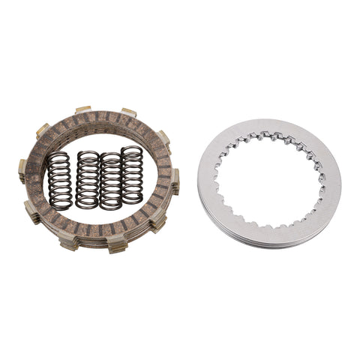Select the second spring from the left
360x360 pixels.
pos(88,181)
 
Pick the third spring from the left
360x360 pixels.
pos(111,179)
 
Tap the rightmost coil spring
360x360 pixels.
pos(132,175)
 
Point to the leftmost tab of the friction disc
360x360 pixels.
pos(22,172)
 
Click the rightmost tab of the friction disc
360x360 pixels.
pos(175,179)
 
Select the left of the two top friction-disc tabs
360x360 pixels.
pos(82,110)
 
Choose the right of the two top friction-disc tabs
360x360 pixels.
pos(127,112)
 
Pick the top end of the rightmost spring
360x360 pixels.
pos(132,149)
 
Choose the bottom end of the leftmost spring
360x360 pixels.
pos(60,206)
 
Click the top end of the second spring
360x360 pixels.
pos(88,154)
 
